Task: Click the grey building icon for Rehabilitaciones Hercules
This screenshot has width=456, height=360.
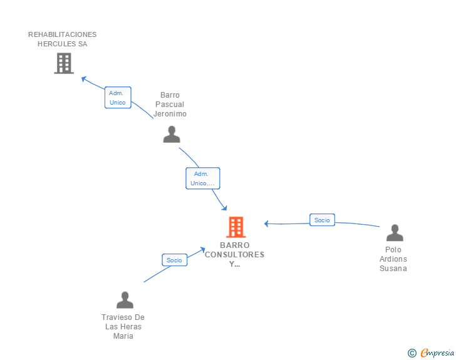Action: pos(64,63)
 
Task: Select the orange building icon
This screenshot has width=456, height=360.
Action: pos(236,227)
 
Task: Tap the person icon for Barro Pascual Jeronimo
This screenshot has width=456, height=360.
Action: pos(172,134)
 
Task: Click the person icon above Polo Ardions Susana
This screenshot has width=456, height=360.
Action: pos(395,233)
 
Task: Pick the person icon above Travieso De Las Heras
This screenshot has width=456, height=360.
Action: pos(125,300)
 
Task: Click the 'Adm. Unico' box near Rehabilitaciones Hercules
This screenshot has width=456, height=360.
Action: pos(118,98)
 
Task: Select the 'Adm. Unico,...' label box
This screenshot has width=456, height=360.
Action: pos(203,178)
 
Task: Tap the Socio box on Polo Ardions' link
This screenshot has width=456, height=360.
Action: pos(322,220)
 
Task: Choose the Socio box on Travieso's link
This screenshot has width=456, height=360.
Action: pos(175,260)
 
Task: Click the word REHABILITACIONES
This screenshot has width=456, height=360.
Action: pos(62,34)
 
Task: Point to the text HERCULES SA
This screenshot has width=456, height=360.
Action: pos(62,44)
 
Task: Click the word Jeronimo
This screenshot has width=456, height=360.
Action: pos(170,114)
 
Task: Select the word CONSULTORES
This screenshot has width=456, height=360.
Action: pos(234,255)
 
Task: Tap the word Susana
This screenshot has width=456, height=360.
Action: pos(393,269)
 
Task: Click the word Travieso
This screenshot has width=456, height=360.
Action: pos(114,317)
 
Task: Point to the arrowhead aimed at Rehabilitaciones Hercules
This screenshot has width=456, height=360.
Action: pos(84,78)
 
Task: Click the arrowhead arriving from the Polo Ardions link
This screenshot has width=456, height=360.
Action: pos(266,224)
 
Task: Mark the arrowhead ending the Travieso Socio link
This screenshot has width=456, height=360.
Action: pos(203,250)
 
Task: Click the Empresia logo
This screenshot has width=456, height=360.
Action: pos(437,352)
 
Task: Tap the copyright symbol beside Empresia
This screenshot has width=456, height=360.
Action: pos(412,353)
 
